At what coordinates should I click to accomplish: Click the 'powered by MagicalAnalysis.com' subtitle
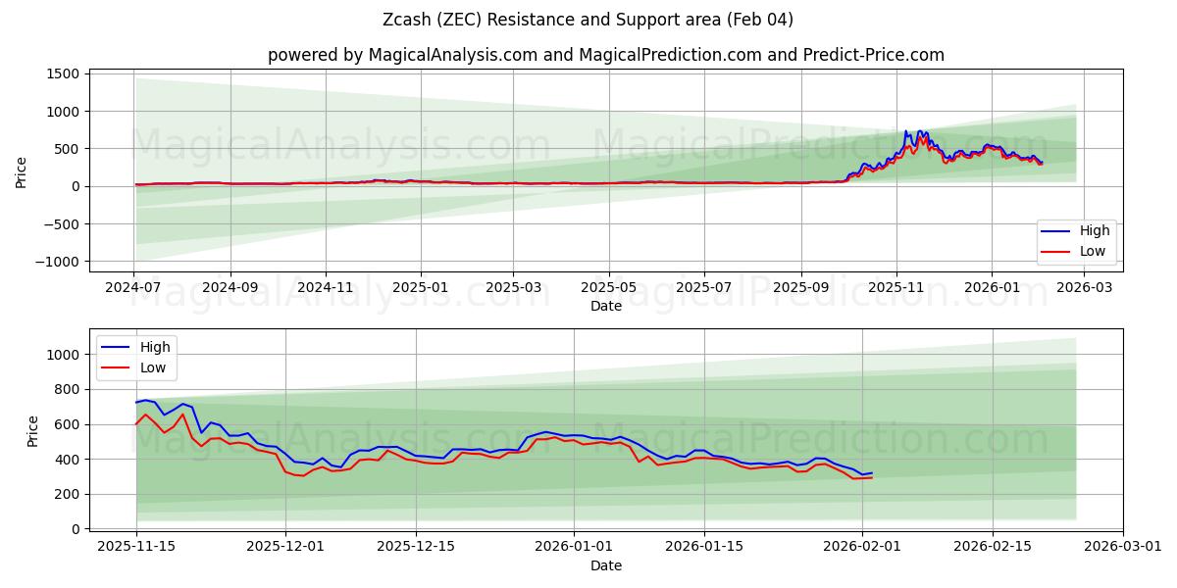coord(605,55)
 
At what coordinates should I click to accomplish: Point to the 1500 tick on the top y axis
coord(63,73)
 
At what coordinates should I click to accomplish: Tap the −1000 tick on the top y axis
coord(57,262)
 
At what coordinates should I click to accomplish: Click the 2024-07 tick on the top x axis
coord(134,289)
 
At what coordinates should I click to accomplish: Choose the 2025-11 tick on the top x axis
coord(896,289)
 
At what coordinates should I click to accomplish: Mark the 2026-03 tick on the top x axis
coord(1085,289)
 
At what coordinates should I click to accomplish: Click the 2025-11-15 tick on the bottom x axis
coord(136,547)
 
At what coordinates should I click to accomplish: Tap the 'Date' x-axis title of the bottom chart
coord(605,565)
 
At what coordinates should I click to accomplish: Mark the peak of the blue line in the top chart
coord(906,131)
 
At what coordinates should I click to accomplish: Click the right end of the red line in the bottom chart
coord(872,477)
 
